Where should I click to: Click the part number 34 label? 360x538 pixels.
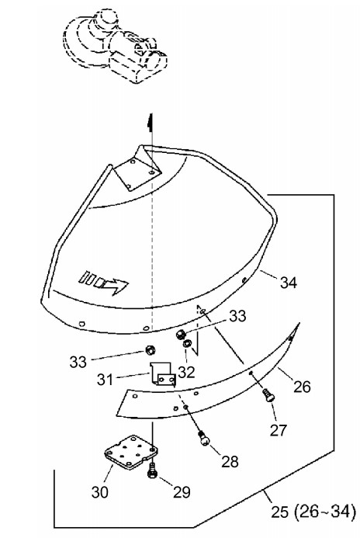pos(289,283)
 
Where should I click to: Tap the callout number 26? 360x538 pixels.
pos(302,387)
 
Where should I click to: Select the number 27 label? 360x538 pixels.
pos(278,430)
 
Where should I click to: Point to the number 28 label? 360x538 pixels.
pos(230,462)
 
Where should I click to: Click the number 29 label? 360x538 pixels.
pos(182,492)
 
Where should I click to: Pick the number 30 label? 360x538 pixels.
pos(100,492)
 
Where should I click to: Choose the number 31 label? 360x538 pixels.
pos(106,380)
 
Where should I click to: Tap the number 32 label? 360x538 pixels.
pos(186,372)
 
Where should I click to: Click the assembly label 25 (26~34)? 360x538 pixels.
pos(313,512)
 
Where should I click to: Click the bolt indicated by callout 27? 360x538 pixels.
pos(268,395)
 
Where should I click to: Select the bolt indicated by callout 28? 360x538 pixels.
pos(203,438)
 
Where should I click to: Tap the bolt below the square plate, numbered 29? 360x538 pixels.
pos(151,470)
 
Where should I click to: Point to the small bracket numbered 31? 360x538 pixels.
pos(162,375)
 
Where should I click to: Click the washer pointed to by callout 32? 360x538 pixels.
pos(188,343)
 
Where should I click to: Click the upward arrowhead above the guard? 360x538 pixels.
pos(150,122)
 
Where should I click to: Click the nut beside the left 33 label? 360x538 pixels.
pos(150,350)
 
